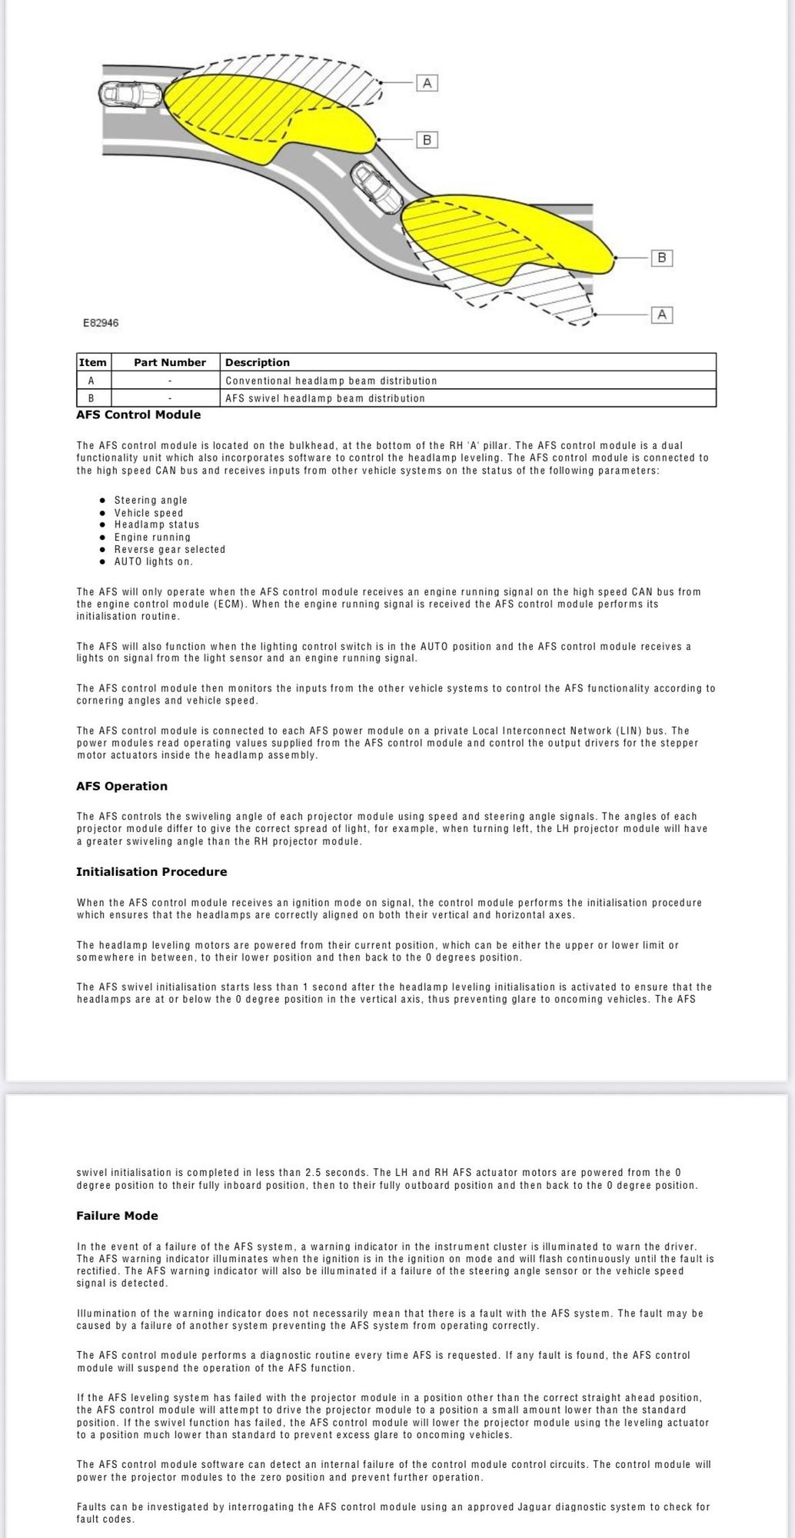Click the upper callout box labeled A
pyautogui.click(x=427, y=82)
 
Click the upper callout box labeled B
pyautogui.click(x=427, y=140)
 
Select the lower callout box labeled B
pyautogui.click(x=661, y=258)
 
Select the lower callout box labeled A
pyautogui.click(x=661, y=315)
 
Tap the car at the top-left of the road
pyautogui.click(x=130, y=95)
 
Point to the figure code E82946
pyautogui.click(x=101, y=323)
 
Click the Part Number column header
pyautogui.click(x=169, y=362)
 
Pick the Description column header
pyautogui.click(x=258, y=362)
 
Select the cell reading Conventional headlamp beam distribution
pyautogui.click(x=331, y=381)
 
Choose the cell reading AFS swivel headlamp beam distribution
pyautogui.click(x=325, y=398)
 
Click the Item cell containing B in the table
pyautogui.click(x=91, y=398)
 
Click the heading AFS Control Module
pyautogui.click(x=138, y=415)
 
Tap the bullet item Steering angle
pyautogui.click(x=151, y=501)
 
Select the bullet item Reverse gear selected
pyautogui.click(x=170, y=550)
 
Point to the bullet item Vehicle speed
pyautogui.click(x=149, y=513)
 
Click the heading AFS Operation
pyautogui.click(x=121, y=786)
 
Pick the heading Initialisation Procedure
pyautogui.click(x=151, y=872)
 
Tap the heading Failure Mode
pyautogui.click(x=117, y=1216)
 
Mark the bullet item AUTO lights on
pyautogui.click(x=154, y=562)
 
